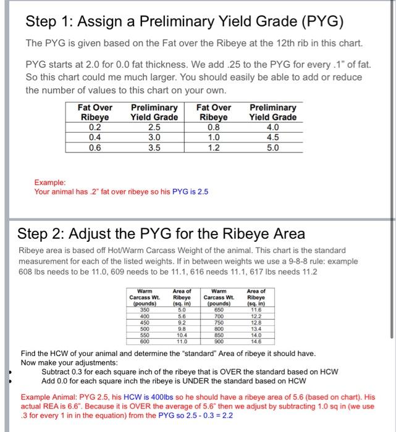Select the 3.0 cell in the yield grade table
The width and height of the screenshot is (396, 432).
(154, 137)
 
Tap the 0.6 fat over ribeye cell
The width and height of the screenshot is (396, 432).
(95, 147)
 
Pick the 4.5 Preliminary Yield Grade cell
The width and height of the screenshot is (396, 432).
(272, 137)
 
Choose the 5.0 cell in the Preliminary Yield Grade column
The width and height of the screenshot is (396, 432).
(272, 147)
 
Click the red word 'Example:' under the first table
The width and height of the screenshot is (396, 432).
(50, 183)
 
